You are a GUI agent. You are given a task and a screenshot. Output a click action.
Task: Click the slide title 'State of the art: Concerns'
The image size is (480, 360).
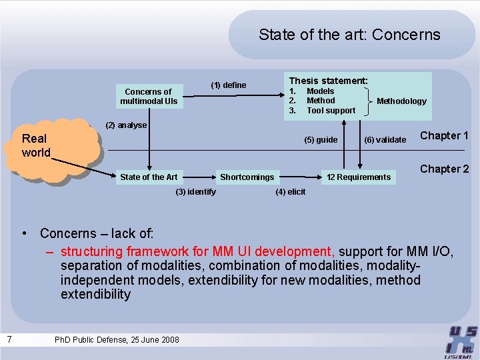(x=349, y=35)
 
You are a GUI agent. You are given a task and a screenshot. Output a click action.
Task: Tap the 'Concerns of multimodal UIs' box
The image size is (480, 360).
(x=149, y=97)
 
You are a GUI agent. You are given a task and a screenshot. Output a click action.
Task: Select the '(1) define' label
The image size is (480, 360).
(x=229, y=85)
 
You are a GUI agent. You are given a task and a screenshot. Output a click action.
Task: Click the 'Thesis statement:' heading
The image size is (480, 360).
(x=328, y=80)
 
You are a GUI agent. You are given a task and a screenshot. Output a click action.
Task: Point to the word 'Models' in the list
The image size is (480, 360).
(x=320, y=91)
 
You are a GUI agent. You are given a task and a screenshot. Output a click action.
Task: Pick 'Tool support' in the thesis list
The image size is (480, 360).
(x=331, y=110)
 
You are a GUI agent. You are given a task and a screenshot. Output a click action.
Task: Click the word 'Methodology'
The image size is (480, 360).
(x=401, y=101)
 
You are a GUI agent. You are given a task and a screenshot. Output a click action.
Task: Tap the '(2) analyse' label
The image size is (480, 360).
(x=127, y=125)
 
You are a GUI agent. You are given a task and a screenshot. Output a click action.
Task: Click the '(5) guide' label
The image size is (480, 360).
(x=321, y=139)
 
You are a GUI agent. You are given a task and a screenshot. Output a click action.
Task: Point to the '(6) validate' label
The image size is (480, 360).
(x=385, y=139)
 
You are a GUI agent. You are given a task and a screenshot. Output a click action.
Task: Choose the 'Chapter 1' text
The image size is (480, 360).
(x=444, y=135)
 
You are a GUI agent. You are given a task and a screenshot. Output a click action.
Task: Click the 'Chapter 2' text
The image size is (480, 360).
(x=444, y=169)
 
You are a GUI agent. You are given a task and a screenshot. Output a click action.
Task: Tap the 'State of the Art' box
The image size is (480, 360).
(x=149, y=177)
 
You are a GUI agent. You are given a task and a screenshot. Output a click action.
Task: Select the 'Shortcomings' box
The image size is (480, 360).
(x=247, y=177)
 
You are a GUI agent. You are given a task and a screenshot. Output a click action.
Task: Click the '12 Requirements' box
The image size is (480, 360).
(x=359, y=177)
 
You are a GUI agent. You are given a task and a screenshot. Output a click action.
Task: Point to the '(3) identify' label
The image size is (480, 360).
(x=195, y=192)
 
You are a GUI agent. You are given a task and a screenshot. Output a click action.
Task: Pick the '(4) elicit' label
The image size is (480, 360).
(x=290, y=192)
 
